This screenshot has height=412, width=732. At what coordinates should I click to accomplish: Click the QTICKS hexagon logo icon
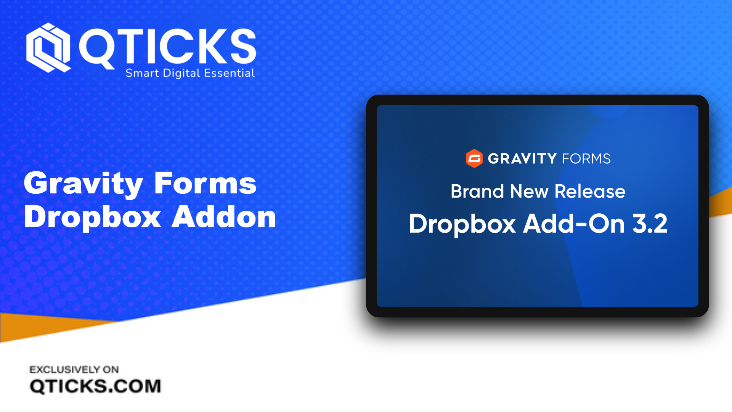[48, 48]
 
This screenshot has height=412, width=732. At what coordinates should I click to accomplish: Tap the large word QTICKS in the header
[167, 47]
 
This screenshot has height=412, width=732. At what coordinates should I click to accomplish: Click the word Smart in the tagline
[142, 73]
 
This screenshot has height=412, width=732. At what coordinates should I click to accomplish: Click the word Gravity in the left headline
[83, 183]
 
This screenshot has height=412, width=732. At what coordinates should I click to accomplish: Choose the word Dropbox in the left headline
[92, 217]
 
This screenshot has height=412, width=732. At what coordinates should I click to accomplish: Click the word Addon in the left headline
[224, 217]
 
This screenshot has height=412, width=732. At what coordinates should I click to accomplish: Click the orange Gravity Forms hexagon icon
[474, 158]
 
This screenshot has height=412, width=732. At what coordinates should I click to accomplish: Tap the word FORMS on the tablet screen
[586, 159]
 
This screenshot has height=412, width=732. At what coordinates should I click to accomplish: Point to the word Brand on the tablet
[477, 191]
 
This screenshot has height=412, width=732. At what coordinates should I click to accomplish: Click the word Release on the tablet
[590, 191]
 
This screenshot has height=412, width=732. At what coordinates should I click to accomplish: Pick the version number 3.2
[650, 224]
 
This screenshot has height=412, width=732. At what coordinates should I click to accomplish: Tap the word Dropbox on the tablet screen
[462, 224]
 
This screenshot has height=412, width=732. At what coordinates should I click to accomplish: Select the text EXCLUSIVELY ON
[74, 369]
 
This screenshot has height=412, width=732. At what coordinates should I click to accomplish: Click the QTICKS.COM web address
[95, 386]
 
